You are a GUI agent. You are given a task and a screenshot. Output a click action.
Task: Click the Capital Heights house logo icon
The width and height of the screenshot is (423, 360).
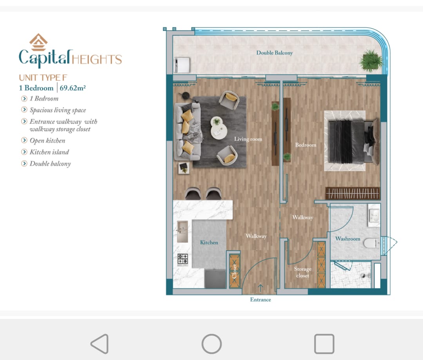(38, 42)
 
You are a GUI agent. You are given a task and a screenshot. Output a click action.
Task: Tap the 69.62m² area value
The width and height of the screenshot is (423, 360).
(72, 88)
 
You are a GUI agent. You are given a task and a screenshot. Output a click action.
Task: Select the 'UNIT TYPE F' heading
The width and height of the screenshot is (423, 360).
(43, 77)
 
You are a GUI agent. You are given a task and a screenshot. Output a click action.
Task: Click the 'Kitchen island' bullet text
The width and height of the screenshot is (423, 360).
(49, 152)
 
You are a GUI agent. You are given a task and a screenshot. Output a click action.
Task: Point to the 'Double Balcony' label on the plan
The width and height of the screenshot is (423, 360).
(274, 53)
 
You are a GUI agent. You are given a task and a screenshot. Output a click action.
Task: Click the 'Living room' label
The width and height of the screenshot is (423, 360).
(248, 139)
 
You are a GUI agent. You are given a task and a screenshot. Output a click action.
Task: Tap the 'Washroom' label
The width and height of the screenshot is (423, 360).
(347, 239)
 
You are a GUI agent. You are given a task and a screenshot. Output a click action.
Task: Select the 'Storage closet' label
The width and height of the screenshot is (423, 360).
(303, 272)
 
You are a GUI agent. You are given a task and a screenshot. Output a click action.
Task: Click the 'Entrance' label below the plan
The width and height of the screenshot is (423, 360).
(260, 300)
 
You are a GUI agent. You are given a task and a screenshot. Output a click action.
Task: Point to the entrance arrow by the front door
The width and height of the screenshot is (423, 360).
(260, 288)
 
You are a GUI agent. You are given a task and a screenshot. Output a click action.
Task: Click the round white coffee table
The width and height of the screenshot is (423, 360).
(219, 128)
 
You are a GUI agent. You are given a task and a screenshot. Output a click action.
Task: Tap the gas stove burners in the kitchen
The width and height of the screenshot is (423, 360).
(183, 260)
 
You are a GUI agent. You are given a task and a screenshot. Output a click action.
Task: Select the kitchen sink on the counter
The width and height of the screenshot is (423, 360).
(183, 232)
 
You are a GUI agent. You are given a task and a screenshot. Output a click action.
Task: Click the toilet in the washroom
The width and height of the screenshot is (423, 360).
(371, 243)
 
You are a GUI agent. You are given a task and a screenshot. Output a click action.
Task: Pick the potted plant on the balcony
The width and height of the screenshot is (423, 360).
(371, 60)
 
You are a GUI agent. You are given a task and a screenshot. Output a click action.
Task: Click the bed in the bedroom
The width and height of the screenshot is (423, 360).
(352, 141)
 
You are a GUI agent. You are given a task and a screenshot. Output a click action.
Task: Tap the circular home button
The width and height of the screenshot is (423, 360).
(212, 344)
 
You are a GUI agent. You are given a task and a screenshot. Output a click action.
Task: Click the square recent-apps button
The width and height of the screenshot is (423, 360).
(324, 344)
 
